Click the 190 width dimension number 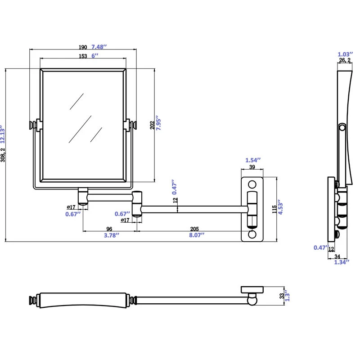click(x=83, y=47)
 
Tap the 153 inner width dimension click(x=83, y=56)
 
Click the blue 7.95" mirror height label click(x=159, y=123)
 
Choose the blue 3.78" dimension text click(x=109, y=235)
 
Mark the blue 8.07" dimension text click(x=196, y=235)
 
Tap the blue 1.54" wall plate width click(x=252, y=160)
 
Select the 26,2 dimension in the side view click(x=345, y=60)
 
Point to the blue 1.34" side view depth click(x=342, y=263)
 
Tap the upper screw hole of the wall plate click(x=252, y=184)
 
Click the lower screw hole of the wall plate click(x=252, y=234)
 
